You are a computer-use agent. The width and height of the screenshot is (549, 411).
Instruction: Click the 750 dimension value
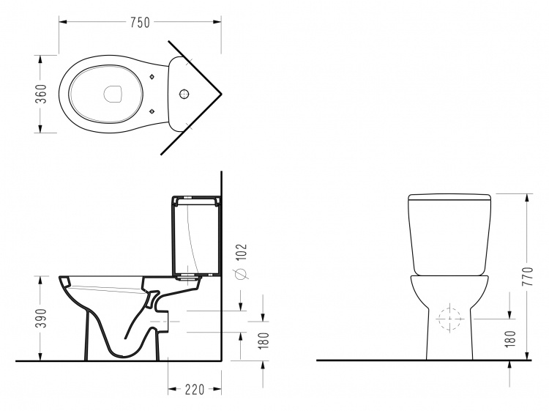pos(140,23)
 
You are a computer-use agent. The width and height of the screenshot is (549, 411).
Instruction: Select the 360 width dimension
pos(41,94)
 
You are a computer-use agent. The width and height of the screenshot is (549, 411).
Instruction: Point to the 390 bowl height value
pos(42,318)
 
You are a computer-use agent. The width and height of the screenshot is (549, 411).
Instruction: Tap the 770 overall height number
pos(528,276)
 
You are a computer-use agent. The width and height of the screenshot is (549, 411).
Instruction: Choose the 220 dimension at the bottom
pos(195,389)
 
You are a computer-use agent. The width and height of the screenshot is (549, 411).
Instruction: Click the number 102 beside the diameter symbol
pos(242,252)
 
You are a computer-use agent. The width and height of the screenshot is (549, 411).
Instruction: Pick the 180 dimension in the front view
pos(511,339)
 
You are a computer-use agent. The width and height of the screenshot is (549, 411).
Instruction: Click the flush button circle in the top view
pos(184,94)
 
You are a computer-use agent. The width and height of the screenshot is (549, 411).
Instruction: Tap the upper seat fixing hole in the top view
pos(152,77)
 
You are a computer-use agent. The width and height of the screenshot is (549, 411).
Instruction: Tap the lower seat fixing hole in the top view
pos(152,111)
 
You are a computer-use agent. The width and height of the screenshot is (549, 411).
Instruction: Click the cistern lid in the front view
pos(449,197)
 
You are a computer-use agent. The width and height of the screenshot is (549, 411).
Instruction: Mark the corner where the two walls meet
pos(221,95)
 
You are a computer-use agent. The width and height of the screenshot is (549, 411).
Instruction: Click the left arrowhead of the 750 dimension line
pos(63,22)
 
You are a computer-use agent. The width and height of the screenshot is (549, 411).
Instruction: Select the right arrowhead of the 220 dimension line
pos(217,389)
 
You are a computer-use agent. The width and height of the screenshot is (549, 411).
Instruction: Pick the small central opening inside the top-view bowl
pos(113,94)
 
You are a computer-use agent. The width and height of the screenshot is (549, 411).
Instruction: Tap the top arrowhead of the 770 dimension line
pos(526,198)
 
